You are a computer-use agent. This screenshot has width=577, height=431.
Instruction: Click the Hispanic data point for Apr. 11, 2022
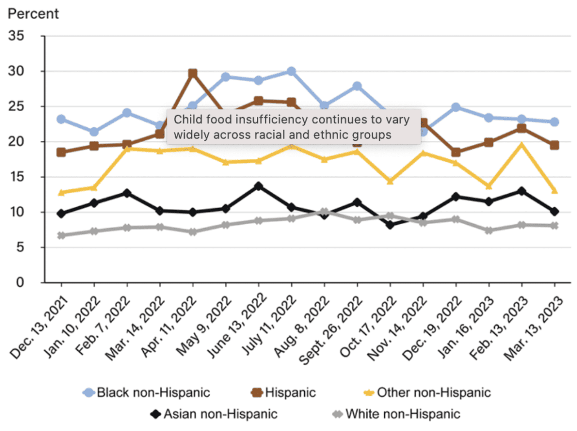point(193,73)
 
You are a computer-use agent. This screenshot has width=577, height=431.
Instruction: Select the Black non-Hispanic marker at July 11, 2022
point(291,72)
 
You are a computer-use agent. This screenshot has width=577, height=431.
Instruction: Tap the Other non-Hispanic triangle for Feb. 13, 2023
point(522,145)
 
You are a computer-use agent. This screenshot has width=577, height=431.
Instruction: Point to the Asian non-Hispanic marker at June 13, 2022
point(259,186)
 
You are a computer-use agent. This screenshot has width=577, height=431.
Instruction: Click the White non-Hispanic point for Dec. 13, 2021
point(61,236)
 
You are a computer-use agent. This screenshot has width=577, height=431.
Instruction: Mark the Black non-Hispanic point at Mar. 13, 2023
point(554,122)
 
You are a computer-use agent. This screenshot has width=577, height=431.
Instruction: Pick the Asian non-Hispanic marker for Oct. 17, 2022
point(390,225)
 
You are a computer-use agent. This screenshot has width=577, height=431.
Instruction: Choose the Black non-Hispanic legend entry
point(147,392)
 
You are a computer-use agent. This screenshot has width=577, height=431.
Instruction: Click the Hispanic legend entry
point(285,392)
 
